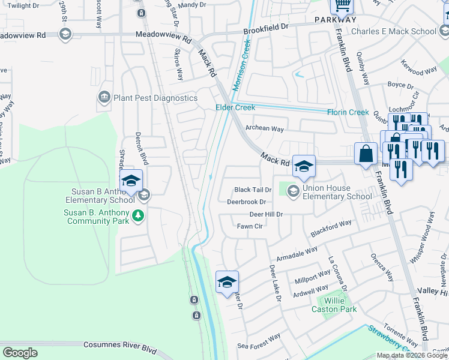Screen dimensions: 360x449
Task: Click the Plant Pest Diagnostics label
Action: [x=155, y=98]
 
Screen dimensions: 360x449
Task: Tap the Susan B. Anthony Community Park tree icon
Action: [x=138, y=215]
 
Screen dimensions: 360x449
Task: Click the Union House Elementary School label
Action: [x=337, y=192]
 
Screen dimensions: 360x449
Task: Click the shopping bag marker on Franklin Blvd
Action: [x=365, y=155]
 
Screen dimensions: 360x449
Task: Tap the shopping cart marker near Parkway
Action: [x=342, y=5]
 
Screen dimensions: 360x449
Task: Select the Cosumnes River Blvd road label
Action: [x=107, y=346]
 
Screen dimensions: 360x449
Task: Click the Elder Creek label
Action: [x=235, y=107]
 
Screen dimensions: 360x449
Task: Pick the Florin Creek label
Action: [x=348, y=112]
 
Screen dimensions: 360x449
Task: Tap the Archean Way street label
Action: [x=265, y=128]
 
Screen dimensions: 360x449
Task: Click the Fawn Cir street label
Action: [x=250, y=226]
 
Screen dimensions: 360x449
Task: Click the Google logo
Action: [x=20, y=353]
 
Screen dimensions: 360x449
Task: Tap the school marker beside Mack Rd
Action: [x=304, y=166]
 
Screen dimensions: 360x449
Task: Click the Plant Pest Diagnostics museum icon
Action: [x=104, y=97]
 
